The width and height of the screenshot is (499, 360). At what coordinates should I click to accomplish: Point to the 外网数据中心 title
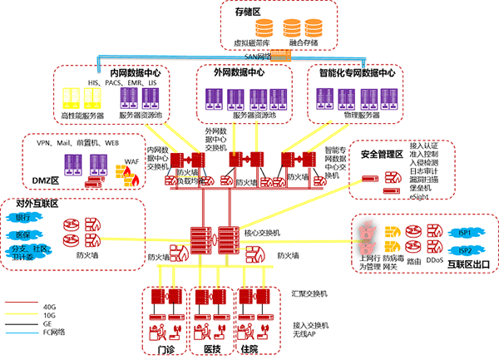click(x=240, y=73)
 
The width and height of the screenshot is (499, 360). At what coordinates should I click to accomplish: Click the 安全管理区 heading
click(x=382, y=155)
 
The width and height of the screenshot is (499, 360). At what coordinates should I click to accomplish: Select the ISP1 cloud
click(x=466, y=234)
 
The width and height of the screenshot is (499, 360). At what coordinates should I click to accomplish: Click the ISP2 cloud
click(x=466, y=250)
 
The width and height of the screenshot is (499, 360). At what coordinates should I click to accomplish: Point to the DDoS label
click(x=434, y=260)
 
